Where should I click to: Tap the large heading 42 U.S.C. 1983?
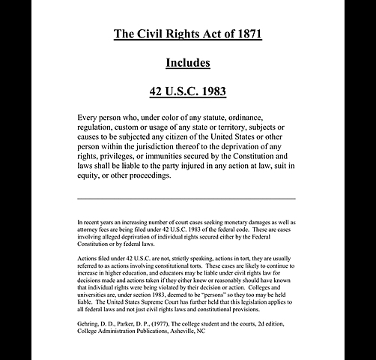coord(188,92)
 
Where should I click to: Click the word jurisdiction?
coord(164,146)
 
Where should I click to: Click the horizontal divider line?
coord(187,199)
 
